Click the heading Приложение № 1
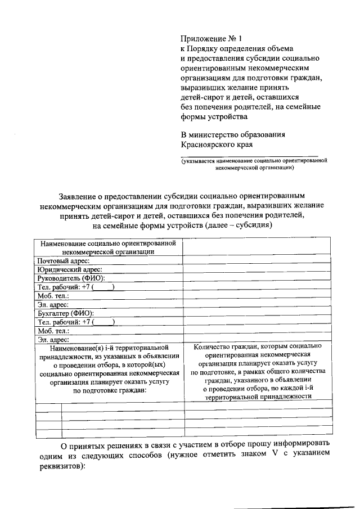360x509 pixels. (x=210, y=39)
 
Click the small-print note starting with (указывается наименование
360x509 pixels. (x=254, y=164)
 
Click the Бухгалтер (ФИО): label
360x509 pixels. (x=65, y=313)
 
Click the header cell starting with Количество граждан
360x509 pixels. (x=257, y=371)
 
